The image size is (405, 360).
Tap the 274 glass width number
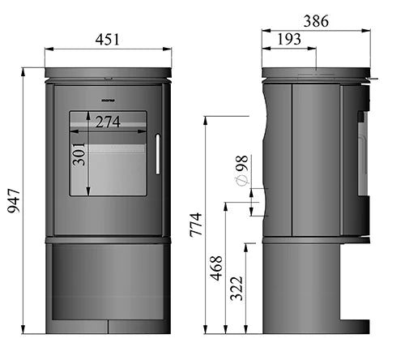tap(107, 123)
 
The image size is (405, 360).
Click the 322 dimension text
tap(237, 287)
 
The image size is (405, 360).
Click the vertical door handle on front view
tap(158, 154)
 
